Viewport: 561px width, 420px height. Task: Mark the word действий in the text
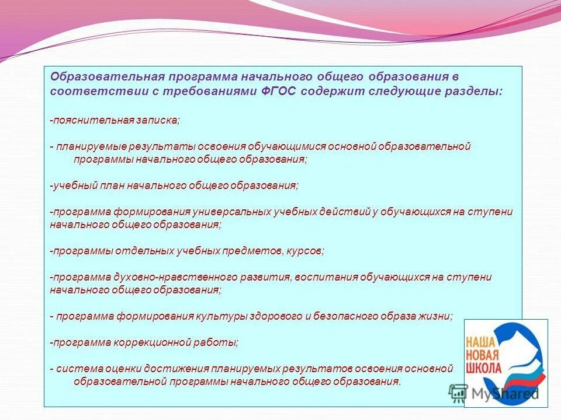click(x=345, y=212)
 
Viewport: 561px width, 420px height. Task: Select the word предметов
click(x=253, y=251)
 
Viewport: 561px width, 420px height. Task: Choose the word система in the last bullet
click(x=79, y=369)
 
